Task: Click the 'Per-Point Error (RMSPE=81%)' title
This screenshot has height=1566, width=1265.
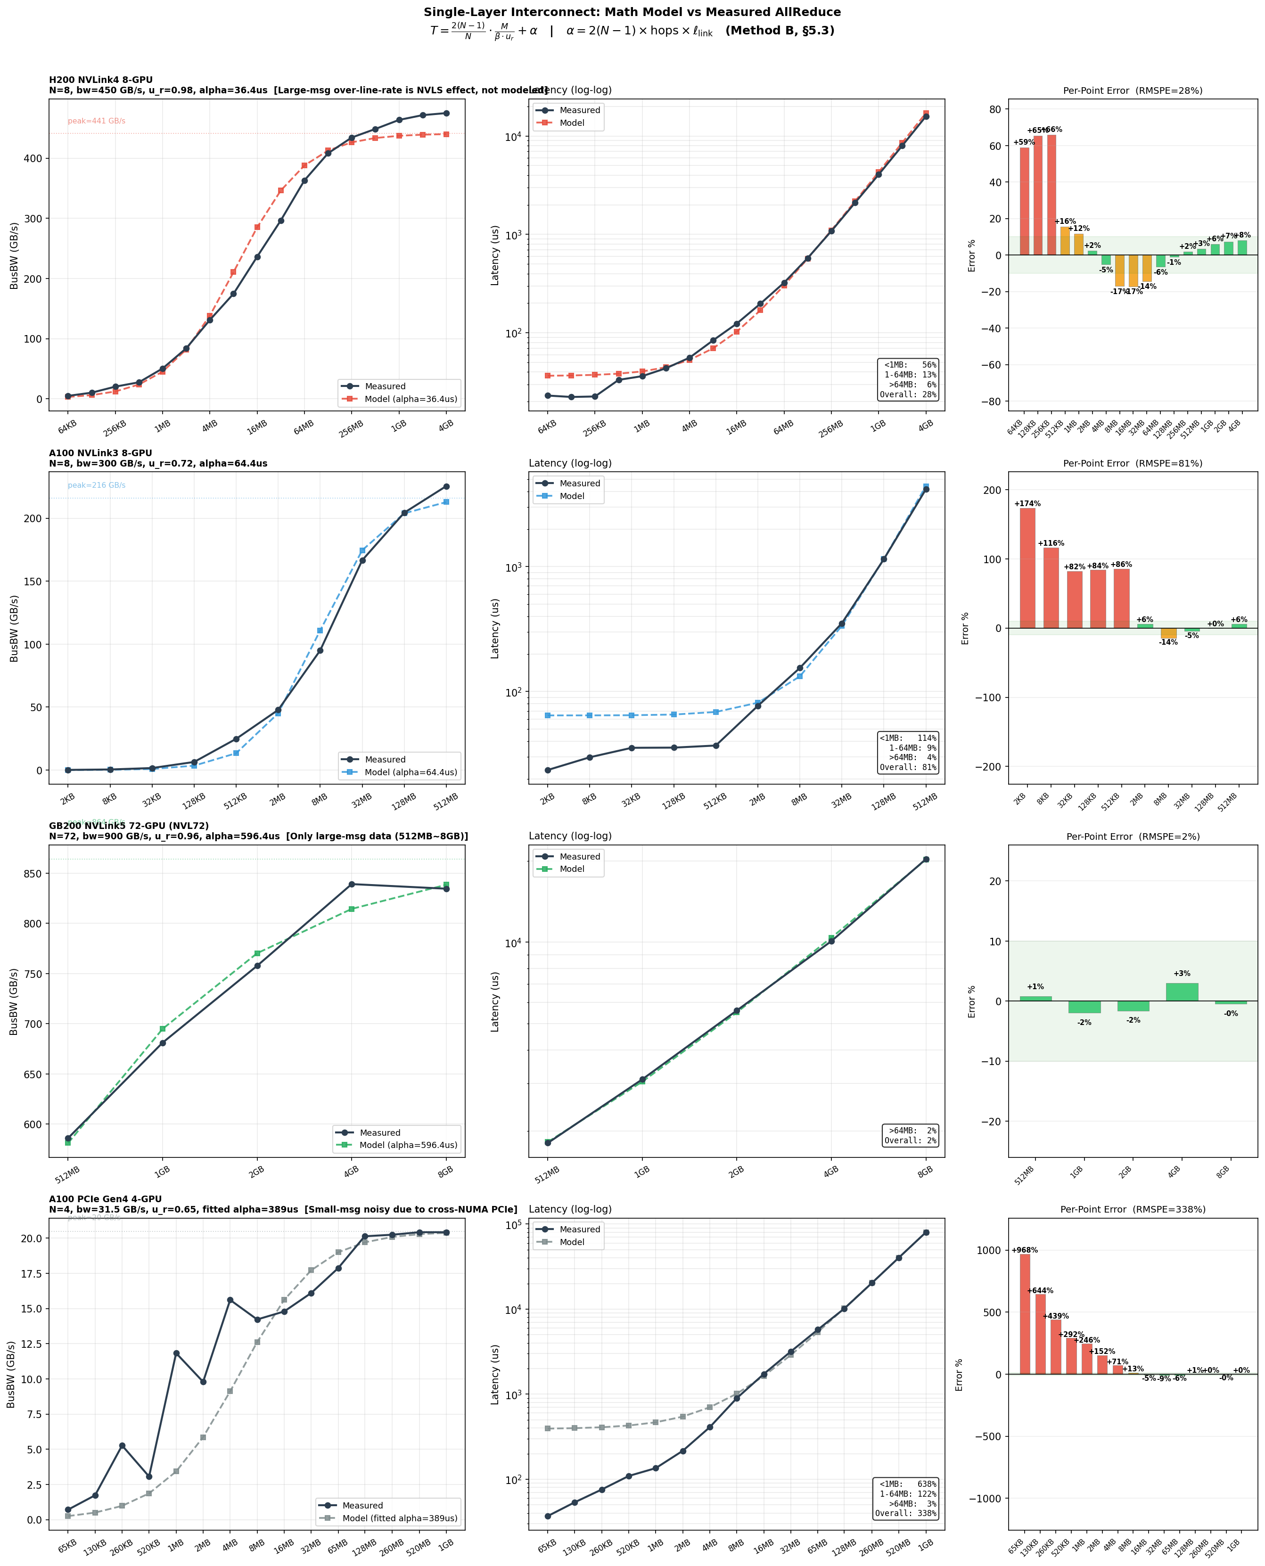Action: tap(1133, 463)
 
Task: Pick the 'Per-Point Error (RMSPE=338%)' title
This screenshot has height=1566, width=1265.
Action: tap(1133, 1210)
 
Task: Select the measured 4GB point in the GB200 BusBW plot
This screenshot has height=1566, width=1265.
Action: tap(351, 884)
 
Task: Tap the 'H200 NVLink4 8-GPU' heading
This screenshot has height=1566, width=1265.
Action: tap(100, 80)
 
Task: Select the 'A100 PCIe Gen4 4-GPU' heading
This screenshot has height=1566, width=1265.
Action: tap(105, 1199)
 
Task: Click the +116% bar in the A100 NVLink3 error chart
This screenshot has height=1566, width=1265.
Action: tap(1051, 587)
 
